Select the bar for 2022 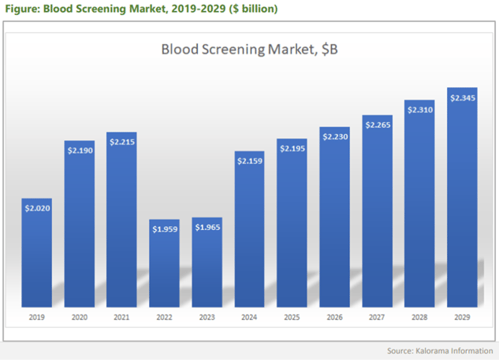point(165,268)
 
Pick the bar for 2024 point(250,236)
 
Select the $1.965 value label point(207,228)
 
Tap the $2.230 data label point(335,136)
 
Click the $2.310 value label point(420,109)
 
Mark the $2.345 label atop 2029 point(463,98)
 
